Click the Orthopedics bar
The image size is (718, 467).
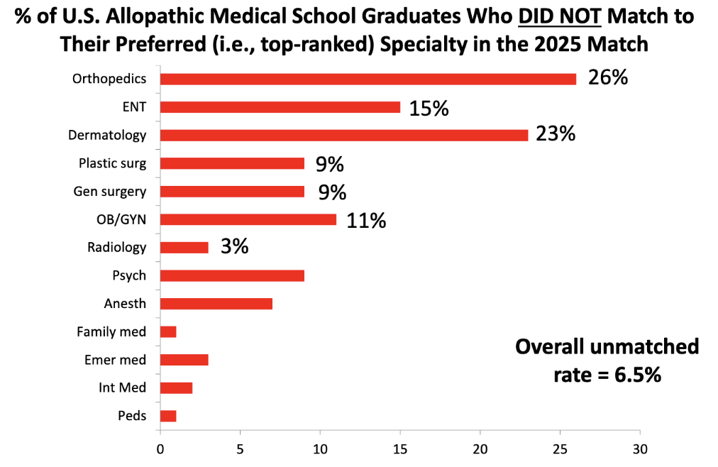[368, 79]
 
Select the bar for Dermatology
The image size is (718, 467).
[343, 135]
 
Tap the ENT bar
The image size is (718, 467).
[280, 107]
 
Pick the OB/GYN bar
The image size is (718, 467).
[248, 219]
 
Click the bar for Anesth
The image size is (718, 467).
[216, 304]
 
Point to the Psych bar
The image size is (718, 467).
[232, 275]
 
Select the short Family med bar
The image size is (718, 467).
[168, 331]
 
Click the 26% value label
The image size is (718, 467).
[607, 77]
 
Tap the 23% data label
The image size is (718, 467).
[556, 133]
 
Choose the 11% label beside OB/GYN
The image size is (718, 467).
[366, 220]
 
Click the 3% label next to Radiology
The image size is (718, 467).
[234, 247]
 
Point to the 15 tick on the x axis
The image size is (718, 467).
[400, 449]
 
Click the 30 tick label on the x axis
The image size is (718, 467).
[640, 449]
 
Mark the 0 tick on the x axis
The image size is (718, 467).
[160, 449]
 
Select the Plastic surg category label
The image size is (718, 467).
[112, 163]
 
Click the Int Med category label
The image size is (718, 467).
[123, 388]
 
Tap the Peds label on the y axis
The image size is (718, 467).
[133, 416]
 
